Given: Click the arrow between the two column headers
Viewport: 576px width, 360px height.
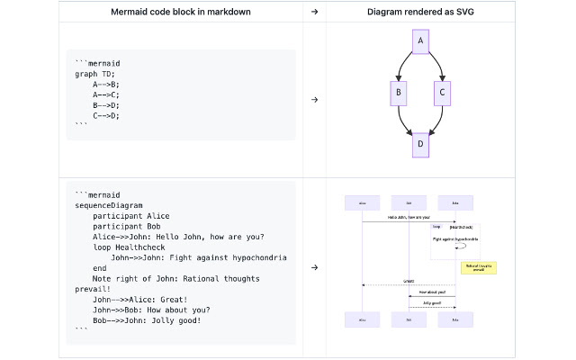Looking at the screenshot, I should point(314,12).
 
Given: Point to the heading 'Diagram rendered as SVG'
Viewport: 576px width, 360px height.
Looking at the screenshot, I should point(420,12).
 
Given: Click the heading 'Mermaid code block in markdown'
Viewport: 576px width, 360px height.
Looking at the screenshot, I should point(181,12).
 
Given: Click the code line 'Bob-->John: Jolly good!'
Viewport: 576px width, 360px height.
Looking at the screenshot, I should point(147,320).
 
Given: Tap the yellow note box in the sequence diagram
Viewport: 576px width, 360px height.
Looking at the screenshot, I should point(479,267).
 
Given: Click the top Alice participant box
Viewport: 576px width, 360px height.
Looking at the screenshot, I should point(362,202).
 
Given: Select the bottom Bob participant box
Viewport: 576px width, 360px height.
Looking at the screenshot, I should point(409,319).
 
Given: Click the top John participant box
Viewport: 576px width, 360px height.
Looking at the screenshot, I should point(455,202).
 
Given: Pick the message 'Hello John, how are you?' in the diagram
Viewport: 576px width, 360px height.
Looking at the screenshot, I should point(409,218).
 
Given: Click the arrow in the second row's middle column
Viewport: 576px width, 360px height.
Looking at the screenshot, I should point(314,267).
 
